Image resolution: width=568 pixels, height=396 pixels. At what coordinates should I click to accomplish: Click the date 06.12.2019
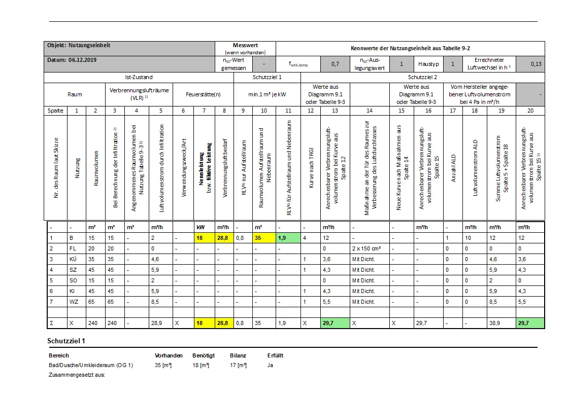tap(82, 59)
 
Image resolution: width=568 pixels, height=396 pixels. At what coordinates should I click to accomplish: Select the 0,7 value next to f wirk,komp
tap(335, 64)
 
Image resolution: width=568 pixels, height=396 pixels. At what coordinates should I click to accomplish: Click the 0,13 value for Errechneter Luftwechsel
tap(536, 64)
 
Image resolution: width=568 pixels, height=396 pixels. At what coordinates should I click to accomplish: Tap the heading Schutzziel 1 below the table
tap(66, 341)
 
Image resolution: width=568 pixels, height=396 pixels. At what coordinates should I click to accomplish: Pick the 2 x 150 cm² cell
tap(366, 248)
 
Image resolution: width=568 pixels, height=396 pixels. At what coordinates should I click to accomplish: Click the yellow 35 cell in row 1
tap(258, 238)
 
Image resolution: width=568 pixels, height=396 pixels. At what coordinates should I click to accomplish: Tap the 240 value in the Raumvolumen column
tap(92, 322)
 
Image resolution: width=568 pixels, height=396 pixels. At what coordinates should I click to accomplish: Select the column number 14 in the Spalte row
tap(369, 110)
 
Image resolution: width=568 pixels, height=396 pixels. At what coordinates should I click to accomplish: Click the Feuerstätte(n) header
tap(203, 94)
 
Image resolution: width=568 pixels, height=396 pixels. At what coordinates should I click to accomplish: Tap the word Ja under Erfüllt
tap(270, 365)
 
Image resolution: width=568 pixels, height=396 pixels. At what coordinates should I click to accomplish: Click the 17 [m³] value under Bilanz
tap(239, 365)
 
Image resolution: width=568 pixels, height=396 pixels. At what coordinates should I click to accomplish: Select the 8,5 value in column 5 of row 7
tap(156, 302)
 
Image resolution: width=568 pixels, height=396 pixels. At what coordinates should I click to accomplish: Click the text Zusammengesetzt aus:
tap(77, 375)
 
